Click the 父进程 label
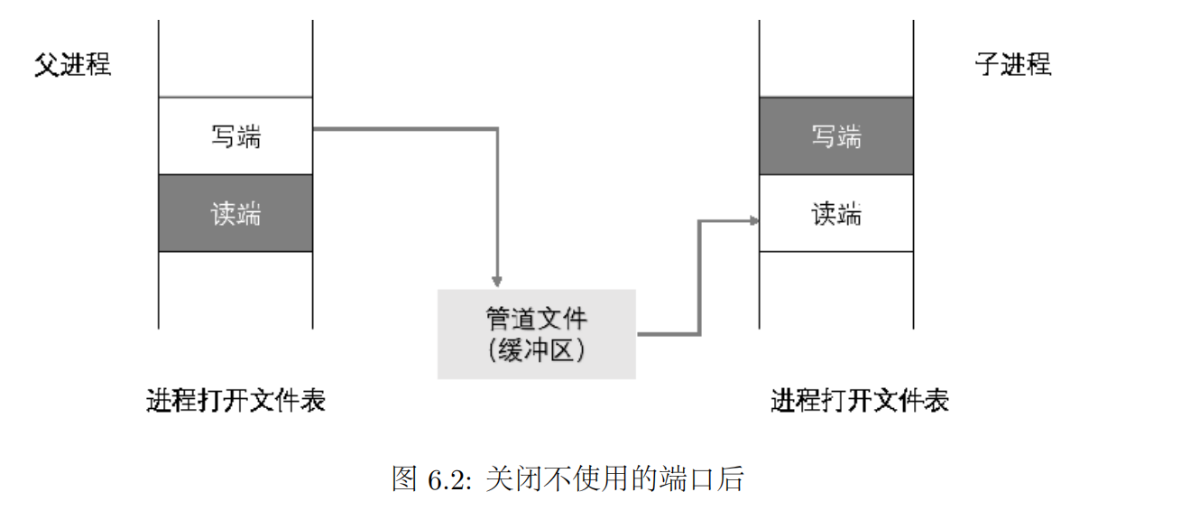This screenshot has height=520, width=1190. coord(72,66)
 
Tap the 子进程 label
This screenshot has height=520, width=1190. coord(1012,65)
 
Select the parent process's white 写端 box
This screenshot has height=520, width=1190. coord(235,136)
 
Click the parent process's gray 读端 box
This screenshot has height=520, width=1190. coord(235,213)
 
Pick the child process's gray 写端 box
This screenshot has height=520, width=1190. coord(835,136)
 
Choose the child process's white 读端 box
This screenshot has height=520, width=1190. coord(835,214)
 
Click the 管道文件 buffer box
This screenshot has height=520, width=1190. coord(536,334)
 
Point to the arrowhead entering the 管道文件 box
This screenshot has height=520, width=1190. coord(496,280)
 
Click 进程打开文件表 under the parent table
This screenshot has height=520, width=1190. coord(235,400)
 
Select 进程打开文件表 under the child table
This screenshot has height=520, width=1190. coord(859,400)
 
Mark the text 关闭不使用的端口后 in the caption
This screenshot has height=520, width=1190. coord(613,479)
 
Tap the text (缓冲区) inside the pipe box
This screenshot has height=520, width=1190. coord(536,350)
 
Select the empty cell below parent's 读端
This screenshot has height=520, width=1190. coord(235,289)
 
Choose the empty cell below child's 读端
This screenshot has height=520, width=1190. coord(835,289)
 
